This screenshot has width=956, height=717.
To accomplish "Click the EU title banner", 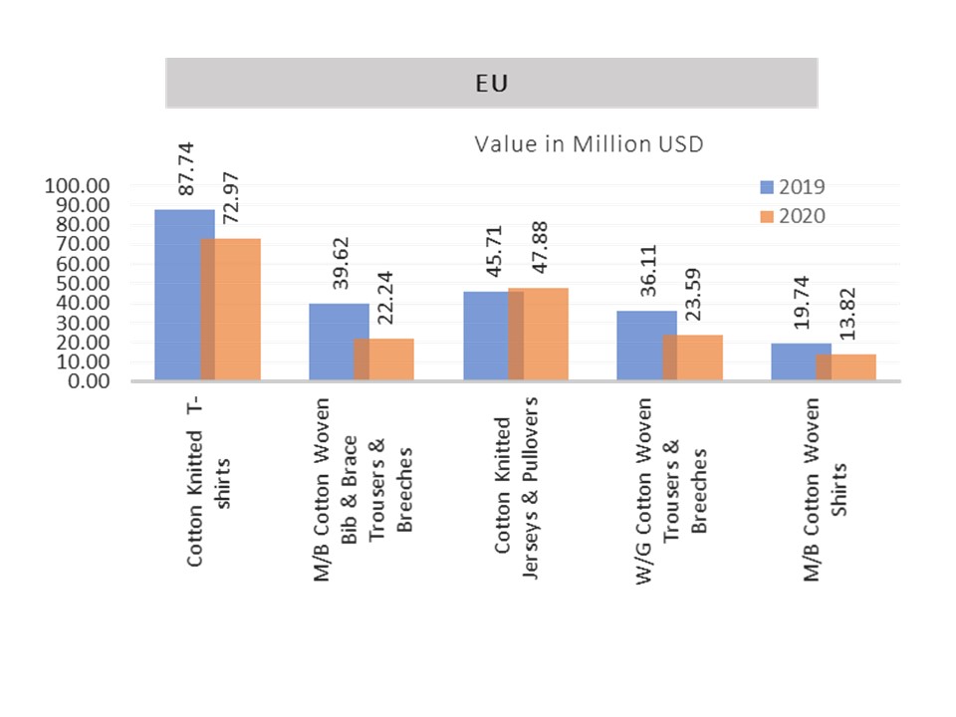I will pyautogui.click(x=491, y=83).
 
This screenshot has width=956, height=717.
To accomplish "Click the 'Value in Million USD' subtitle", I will pyautogui.click(x=589, y=144).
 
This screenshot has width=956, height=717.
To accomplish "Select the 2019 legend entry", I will pyautogui.click(x=792, y=187).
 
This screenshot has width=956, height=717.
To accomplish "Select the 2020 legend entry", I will pyautogui.click(x=792, y=216).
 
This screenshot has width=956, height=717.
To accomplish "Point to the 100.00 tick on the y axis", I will pyautogui.click(x=78, y=186).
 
